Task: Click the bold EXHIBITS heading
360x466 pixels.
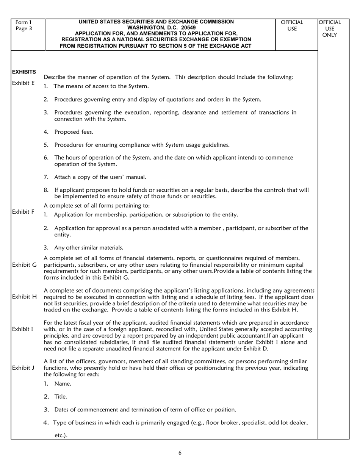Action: click(24, 72)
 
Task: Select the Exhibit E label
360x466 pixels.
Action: click(23, 83)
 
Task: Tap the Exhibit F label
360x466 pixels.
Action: click(23, 212)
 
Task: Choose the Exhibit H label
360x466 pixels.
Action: click(24, 297)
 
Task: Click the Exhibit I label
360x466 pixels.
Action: click(22, 329)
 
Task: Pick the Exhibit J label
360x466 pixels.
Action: click(23, 367)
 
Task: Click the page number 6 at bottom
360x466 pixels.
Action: click(180, 453)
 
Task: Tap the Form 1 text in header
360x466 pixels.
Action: click(23, 22)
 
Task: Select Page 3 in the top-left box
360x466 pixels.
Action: click(23, 28)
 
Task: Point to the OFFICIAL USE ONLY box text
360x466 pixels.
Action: click(329, 28)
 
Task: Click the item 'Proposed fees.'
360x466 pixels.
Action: click(74, 132)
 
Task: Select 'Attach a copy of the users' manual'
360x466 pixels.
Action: click(100, 177)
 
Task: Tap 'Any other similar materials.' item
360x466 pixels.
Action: click(89, 248)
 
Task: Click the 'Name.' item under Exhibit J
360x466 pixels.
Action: click(63, 383)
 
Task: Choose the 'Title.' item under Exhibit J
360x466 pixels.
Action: click(61, 397)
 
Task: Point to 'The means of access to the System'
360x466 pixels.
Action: click(101, 86)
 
